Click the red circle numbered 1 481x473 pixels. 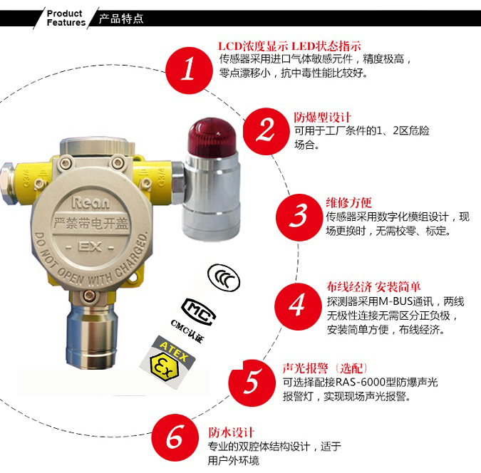tap(189, 71)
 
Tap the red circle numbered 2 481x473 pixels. tap(267, 131)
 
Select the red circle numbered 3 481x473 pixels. tap(299, 217)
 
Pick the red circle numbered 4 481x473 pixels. tap(298, 306)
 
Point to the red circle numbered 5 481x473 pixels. tap(252, 383)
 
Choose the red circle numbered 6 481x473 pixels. tap(175, 437)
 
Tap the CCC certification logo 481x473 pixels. tap(224, 276)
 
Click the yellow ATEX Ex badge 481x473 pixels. tap(167, 363)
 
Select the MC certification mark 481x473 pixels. tap(198, 311)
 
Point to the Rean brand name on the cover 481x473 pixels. tap(90, 203)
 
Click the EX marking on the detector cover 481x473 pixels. tap(90, 247)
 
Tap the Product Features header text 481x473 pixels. tap(66, 18)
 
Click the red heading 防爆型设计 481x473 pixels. tap(322, 117)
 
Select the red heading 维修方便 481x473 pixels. tap(348, 203)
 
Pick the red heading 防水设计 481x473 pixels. tap(232, 432)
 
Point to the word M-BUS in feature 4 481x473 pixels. tap(395, 301)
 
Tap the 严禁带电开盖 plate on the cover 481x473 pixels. tap(90, 223)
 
